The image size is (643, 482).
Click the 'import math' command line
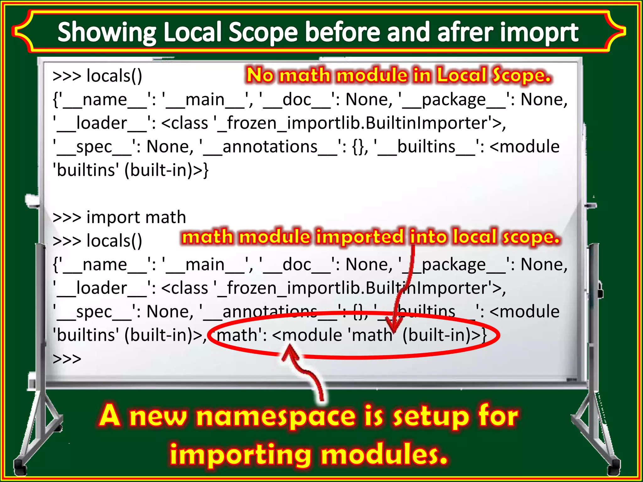(x=119, y=217)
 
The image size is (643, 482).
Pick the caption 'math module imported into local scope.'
(x=370, y=237)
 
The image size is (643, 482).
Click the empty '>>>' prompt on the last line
(x=67, y=358)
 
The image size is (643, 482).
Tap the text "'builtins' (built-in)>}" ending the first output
(x=130, y=170)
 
